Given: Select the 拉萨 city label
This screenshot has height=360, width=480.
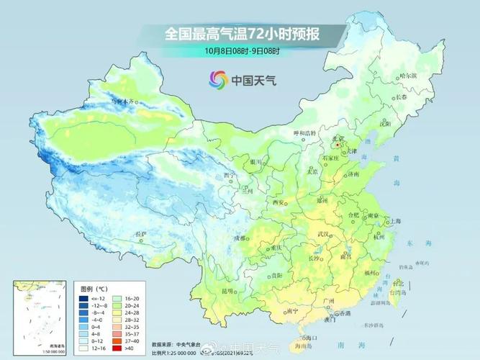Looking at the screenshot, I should [141, 234].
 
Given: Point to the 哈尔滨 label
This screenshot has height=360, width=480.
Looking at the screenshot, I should [408, 76].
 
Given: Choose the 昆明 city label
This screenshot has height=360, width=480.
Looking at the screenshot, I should [228, 291].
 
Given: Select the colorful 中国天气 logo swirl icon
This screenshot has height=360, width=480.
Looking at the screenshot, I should [217, 79].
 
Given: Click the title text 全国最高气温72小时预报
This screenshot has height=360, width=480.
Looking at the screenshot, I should [240, 34].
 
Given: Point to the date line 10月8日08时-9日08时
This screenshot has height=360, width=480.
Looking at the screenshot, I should [241, 51].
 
